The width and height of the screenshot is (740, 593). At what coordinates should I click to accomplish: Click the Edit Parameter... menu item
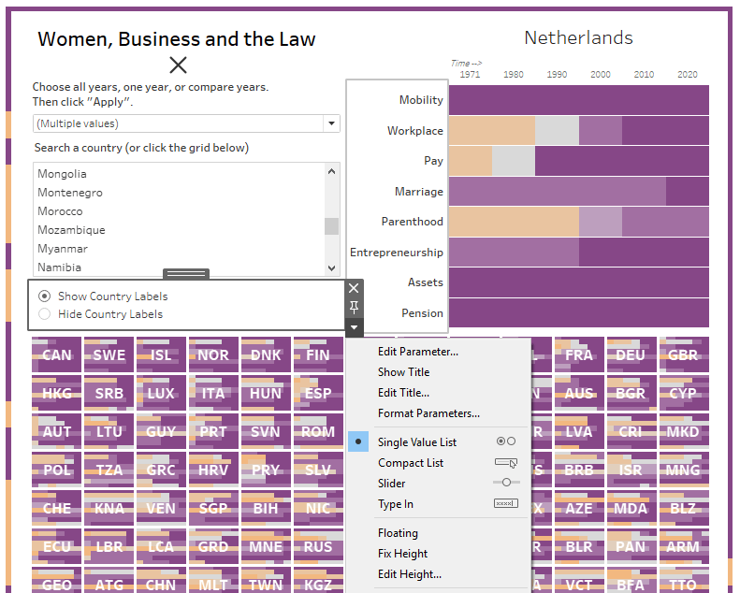click(417, 352)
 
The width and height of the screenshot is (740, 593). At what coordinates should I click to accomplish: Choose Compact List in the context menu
click(410, 463)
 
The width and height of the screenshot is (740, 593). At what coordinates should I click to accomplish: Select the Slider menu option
click(391, 484)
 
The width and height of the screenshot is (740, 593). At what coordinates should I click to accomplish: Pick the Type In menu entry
click(395, 504)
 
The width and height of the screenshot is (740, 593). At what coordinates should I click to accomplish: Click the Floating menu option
click(398, 533)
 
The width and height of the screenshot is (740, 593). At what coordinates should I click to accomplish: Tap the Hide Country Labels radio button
click(45, 314)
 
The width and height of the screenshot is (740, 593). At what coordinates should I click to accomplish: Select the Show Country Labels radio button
click(45, 296)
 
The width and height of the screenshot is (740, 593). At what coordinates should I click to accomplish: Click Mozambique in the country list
click(71, 230)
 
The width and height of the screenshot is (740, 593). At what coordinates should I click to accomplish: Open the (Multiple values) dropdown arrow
click(330, 123)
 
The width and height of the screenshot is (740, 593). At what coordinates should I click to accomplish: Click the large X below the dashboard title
click(178, 65)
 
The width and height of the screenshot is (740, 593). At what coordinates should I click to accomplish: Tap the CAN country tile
click(57, 355)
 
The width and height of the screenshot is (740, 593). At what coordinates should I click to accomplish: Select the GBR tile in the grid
click(683, 355)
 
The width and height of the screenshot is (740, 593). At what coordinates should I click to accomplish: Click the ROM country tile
click(318, 432)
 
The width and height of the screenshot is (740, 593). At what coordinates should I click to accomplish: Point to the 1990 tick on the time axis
click(557, 75)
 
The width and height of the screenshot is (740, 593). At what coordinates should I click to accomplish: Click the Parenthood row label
click(412, 222)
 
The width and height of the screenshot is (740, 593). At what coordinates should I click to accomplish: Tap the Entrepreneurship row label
click(397, 253)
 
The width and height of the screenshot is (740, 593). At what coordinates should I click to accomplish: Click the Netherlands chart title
click(578, 38)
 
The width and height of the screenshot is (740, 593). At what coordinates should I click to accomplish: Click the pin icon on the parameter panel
click(354, 308)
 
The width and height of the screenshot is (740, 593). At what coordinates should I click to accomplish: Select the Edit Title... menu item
click(403, 393)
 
